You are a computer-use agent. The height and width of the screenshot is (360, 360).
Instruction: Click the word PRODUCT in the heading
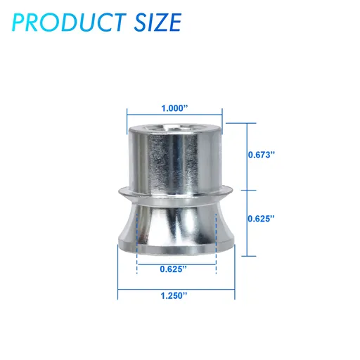pyautogui.click(x=69, y=22)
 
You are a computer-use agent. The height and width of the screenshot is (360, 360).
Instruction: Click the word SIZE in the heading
pyautogui.click(x=157, y=22)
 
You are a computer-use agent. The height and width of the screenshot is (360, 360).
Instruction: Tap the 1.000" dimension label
pyautogui.click(x=175, y=108)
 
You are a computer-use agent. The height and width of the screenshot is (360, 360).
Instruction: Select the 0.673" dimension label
pyautogui.click(x=261, y=155)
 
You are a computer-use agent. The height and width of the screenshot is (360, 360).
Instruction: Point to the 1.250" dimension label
pyautogui.click(x=174, y=295)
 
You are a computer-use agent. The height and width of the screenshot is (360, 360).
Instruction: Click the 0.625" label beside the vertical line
pyautogui.click(x=261, y=219)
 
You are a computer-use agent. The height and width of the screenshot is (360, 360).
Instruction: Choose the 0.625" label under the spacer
pyautogui.click(x=174, y=269)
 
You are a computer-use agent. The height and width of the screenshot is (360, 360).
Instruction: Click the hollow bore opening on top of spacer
pyautogui.click(x=174, y=128)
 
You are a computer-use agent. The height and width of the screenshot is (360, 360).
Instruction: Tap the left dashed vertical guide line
pyautogui.click(x=137, y=244)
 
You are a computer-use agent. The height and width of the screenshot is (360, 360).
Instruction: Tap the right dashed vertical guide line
pyautogui.click(x=216, y=244)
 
